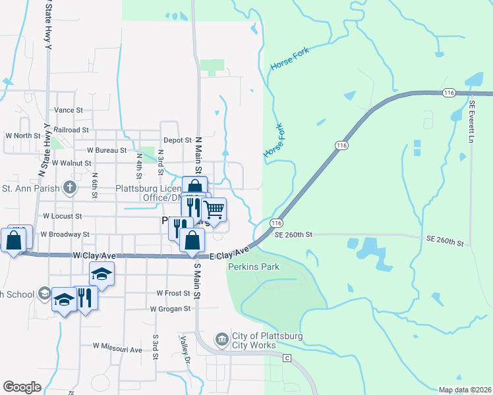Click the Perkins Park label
click(254, 267)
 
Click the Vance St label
click(69, 111)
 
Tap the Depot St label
click(177, 140)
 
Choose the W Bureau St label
click(106, 151)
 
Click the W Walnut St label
click(71, 162)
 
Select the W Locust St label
click(62, 216)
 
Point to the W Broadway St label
click(65, 234)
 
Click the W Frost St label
click(173, 293)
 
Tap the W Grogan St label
click(170, 308)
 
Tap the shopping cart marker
click(214, 210)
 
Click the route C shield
click(287, 358)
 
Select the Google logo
click(22, 387)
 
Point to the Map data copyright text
click(465, 390)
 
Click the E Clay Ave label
click(229, 252)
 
